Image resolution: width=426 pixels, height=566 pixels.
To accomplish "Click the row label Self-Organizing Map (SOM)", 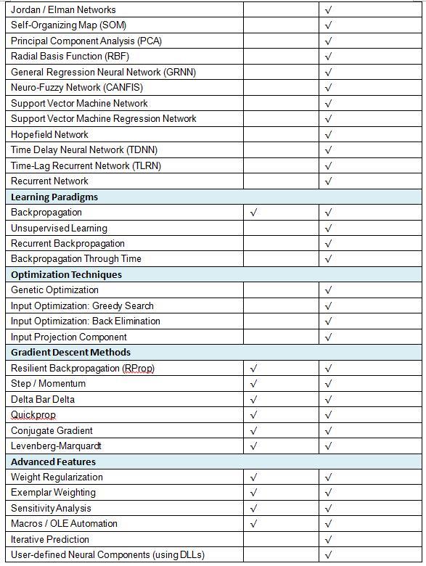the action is click(x=68, y=25).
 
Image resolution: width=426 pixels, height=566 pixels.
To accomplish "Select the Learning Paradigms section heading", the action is click(x=54, y=197).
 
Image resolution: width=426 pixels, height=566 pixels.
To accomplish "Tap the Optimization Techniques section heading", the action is click(x=66, y=274).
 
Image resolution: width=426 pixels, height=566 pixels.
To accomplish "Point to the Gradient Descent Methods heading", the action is click(x=70, y=353).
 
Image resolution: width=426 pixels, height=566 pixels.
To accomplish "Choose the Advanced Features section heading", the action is click(x=53, y=462).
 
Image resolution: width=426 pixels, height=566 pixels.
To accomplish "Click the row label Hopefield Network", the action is click(x=49, y=134).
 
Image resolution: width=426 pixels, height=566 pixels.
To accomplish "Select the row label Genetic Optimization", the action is click(x=54, y=290).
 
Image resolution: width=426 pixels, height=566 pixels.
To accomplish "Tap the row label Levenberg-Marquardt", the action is click(x=57, y=446).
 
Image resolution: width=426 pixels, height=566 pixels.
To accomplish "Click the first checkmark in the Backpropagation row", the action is click(x=253, y=213).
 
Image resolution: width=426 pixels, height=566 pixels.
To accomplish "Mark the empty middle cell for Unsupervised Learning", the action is click(x=281, y=228).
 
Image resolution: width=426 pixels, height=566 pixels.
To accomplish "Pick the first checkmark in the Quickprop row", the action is click(x=253, y=415).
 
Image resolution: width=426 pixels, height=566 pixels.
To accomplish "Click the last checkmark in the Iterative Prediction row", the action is click(x=329, y=540).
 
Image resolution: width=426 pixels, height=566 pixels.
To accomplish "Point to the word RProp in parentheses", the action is click(x=138, y=369).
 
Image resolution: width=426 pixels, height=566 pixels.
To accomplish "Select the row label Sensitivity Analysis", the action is click(x=51, y=509).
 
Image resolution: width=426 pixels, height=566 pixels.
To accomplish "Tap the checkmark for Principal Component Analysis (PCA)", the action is click(x=329, y=41).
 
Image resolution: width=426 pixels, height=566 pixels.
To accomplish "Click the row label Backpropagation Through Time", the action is click(x=76, y=259).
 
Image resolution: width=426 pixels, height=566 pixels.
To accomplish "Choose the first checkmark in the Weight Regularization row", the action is click(x=253, y=477).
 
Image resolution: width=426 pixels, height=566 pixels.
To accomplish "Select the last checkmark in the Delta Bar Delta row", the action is click(x=329, y=400).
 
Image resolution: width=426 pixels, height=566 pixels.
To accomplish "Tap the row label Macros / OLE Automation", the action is click(x=64, y=524).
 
